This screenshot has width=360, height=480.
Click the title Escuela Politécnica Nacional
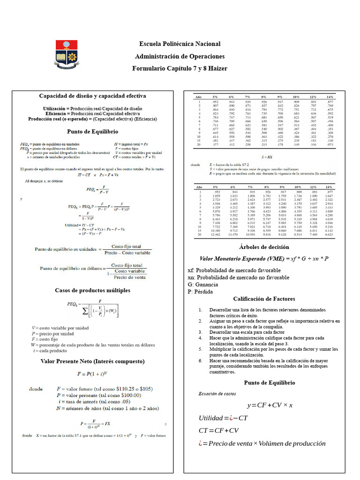coord(180,44)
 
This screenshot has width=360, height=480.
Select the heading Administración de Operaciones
coord(180,56)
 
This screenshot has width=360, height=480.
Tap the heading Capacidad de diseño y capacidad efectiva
coord(92,96)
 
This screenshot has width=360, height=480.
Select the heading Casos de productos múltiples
coord(92,290)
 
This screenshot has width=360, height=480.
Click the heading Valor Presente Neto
coord(92,361)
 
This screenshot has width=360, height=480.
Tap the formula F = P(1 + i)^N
coord(92,374)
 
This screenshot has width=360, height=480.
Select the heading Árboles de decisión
coord(264,247)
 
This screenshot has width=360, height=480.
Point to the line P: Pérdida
coord(200,292)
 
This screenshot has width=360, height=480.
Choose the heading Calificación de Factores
coord(264,299)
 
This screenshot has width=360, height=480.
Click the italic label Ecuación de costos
coord(217,394)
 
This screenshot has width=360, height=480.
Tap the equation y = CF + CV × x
coord(270,405)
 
